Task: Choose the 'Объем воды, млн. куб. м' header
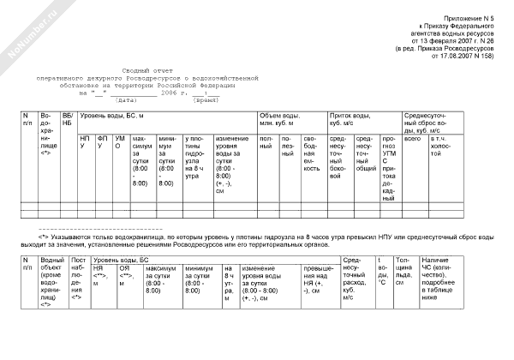point(277,119)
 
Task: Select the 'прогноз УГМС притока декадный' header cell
point(389,163)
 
